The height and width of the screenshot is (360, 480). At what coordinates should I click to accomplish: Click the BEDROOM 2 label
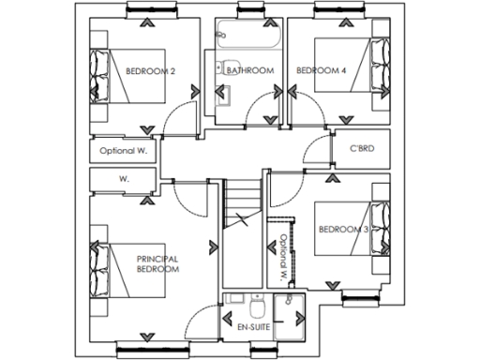click(151, 69)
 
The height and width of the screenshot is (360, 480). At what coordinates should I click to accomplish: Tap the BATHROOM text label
click(249, 70)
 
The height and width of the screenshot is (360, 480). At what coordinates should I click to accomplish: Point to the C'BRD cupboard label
click(363, 149)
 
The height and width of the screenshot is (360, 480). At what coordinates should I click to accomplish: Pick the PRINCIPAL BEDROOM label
click(157, 263)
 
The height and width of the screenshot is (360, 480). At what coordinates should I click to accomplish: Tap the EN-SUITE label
click(243, 328)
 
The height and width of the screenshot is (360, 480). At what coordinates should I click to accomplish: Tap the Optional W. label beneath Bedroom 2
click(124, 150)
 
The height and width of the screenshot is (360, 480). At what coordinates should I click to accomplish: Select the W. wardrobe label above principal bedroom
click(123, 178)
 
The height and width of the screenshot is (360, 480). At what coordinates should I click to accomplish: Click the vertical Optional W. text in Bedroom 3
click(280, 258)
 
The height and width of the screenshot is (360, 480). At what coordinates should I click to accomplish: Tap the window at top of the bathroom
click(248, 11)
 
